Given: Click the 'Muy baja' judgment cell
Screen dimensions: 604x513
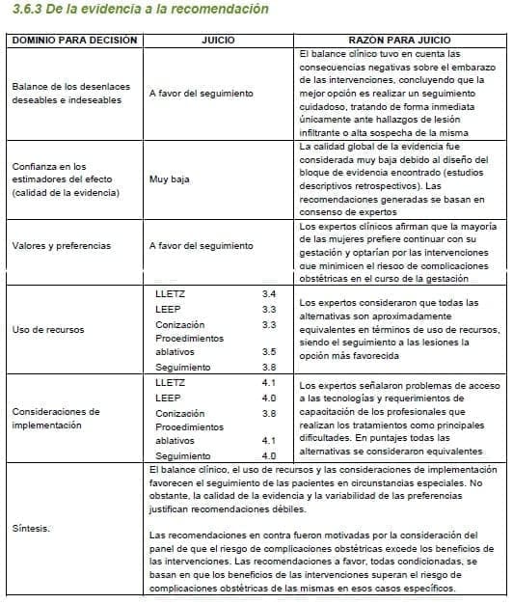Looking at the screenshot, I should click(169, 179).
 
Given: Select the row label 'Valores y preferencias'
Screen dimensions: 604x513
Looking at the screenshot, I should click(62, 246).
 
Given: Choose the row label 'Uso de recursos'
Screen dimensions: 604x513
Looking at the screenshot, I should click(47, 330).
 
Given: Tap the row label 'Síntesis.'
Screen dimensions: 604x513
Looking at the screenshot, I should click(32, 529).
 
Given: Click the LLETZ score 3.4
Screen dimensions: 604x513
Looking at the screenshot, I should click(269, 292).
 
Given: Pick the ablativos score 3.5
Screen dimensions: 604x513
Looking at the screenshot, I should click(269, 352).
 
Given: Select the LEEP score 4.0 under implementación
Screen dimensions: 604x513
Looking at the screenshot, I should click(269, 398).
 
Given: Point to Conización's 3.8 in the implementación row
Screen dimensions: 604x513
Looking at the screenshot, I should click(269, 413).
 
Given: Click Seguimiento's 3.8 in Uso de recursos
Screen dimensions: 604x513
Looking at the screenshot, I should click(269, 368).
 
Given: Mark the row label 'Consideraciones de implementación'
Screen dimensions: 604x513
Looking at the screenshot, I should click(56, 418).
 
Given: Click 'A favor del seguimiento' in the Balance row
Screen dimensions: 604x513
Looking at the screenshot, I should click(201, 94).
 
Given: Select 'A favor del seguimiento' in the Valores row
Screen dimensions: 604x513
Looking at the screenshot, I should click(201, 246).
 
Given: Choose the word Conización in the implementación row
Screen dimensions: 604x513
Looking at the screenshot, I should click(179, 413).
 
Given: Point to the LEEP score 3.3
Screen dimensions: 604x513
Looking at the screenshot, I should click(269, 309).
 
